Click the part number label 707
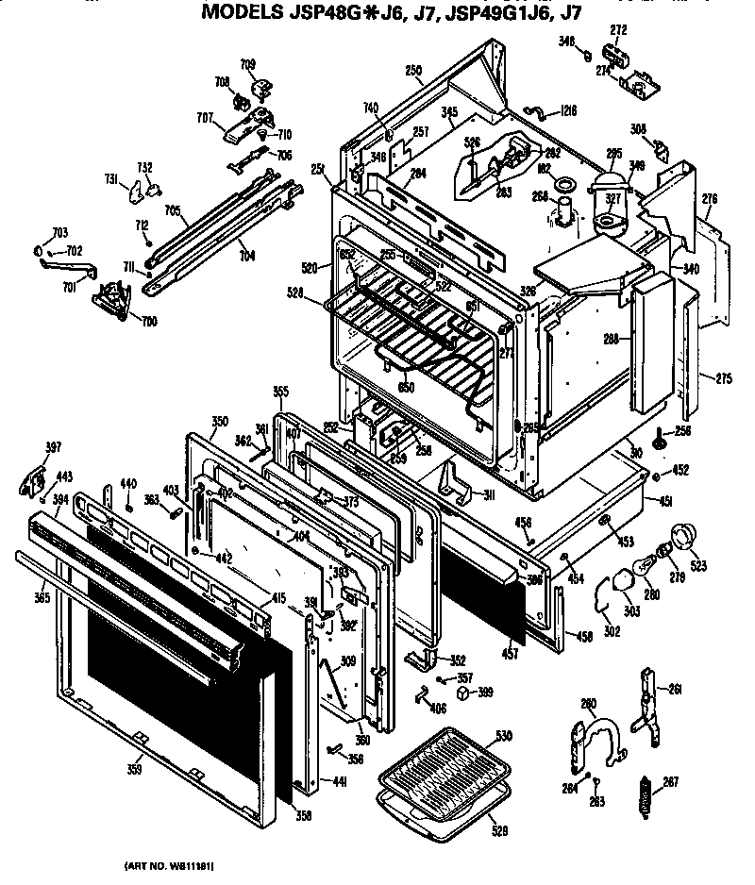point(205,118)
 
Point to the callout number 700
point(150,322)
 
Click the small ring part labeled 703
point(39,251)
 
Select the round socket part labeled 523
point(681,541)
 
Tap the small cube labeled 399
point(463,693)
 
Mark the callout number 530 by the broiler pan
point(503,735)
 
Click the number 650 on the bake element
point(407,387)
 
